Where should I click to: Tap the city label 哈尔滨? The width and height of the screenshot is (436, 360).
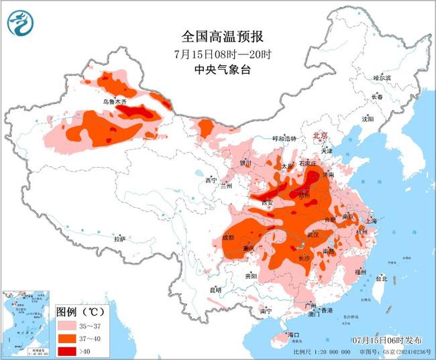coord(382,78)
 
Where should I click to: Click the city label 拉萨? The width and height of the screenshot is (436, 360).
coord(120,239)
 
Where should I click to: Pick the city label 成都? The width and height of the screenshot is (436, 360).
coord(228,237)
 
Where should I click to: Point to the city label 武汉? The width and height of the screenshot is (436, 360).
coord(313,235)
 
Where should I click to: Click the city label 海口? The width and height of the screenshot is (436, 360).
coord(292,334)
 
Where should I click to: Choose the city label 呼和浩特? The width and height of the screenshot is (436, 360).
coord(274,139)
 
